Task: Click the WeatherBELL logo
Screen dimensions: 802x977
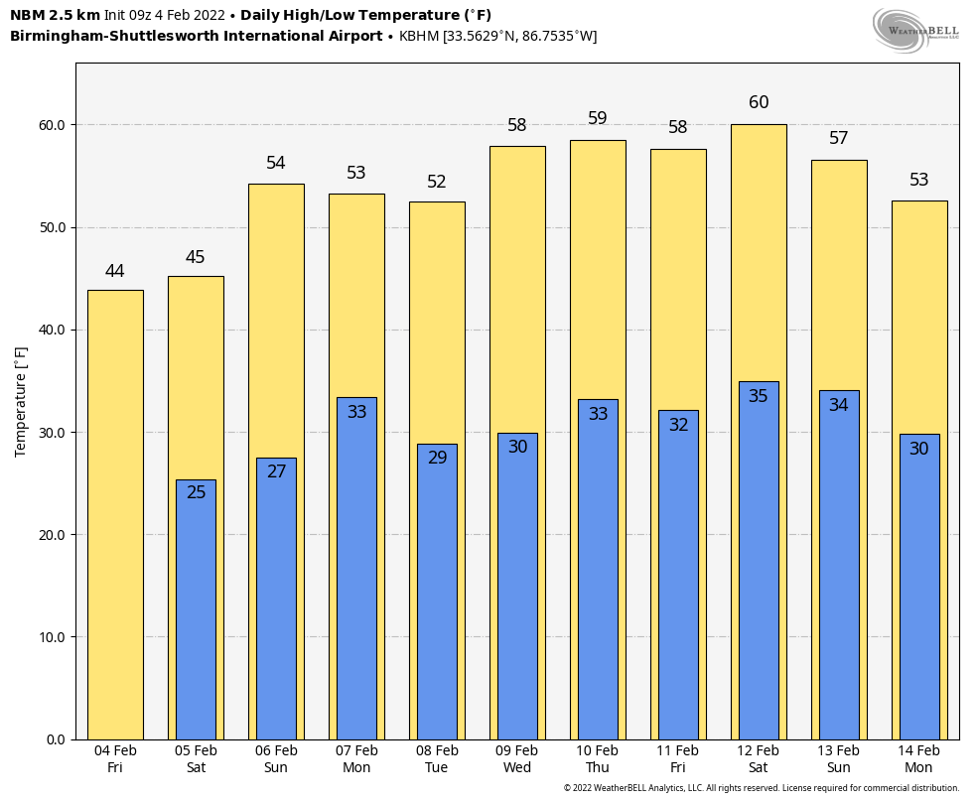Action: (x=916, y=29)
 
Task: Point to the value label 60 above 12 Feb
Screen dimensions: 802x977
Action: (x=759, y=102)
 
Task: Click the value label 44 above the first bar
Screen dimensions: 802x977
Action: (x=115, y=271)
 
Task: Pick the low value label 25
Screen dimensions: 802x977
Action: (x=197, y=492)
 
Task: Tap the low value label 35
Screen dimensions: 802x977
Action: (x=759, y=396)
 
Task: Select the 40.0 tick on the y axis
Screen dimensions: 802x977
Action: (x=52, y=331)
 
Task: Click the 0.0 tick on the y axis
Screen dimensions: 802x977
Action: (x=56, y=739)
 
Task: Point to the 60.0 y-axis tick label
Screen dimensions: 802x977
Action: (x=52, y=125)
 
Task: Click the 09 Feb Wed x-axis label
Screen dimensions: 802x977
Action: (x=517, y=759)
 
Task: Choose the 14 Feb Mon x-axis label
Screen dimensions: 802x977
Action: (x=918, y=759)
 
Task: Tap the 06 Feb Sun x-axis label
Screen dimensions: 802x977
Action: (x=276, y=759)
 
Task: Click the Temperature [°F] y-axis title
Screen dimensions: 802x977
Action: (x=21, y=401)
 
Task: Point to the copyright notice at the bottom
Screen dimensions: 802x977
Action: (x=762, y=788)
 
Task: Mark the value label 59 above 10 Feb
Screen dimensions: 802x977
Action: (x=598, y=118)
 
